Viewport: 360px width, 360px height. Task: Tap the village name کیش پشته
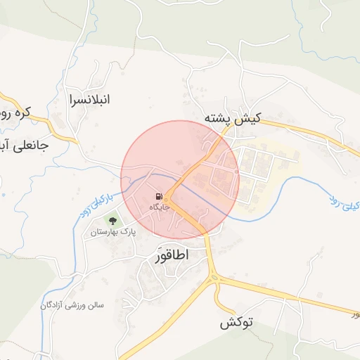click(232, 118)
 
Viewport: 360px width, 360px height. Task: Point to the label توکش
click(236, 323)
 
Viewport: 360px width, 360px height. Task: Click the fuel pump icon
click(159, 196)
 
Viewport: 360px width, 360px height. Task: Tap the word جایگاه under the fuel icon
click(159, 207)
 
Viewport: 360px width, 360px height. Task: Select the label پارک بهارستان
click(112, 231)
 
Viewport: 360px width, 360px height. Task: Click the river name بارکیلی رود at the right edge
click(344, 203)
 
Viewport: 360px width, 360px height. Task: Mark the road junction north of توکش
click(214, 279)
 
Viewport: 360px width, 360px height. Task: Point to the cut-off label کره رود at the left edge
click(15, 112)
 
